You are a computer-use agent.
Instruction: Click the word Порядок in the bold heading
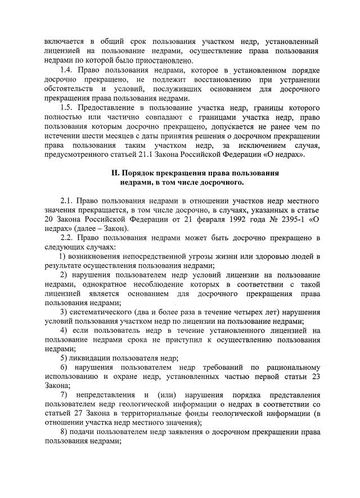click(143, 173)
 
